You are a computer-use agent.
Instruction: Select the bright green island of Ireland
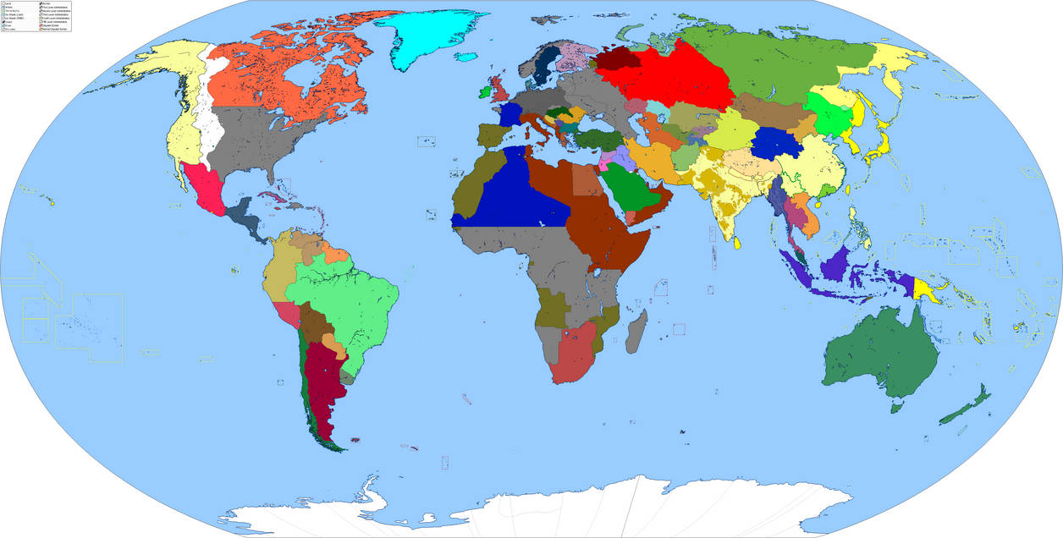[484, 91]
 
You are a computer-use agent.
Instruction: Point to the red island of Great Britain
[501, 86]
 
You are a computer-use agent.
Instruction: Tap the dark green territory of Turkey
[600, 140]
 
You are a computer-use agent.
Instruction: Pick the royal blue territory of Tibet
[771, 143]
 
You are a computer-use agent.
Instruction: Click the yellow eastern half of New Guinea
[930, 288]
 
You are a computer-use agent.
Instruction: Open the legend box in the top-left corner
[36, 16]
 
